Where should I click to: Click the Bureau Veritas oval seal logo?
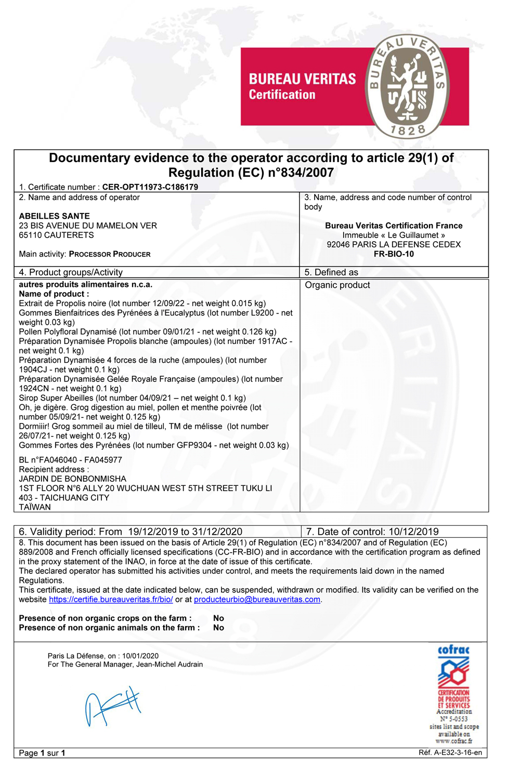click(x=407, y=86)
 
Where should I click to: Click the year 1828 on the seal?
click(x=408, y=129)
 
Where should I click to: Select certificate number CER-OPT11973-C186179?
click(x=150, y=187)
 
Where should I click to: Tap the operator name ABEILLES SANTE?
click(x=54, y=216)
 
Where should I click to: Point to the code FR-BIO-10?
click(x=394, y=254)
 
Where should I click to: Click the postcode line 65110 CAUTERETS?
click(x=56, y=235)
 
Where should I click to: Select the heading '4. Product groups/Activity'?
click(x=71, y=272)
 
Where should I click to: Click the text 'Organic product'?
click(x=337, y=285)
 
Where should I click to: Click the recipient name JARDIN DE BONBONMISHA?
click(x=72, y=479)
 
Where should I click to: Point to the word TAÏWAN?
click(x=35, y=507)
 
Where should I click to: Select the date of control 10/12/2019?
click(x=413, y=532)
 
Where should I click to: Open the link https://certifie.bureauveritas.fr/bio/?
click(x=111, y=600)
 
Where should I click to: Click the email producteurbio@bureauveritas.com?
click(x=257, y=600)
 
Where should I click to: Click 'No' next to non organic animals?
click(x=218, y=628)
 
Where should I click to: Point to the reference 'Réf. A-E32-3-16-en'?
click(x=450, y=752)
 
